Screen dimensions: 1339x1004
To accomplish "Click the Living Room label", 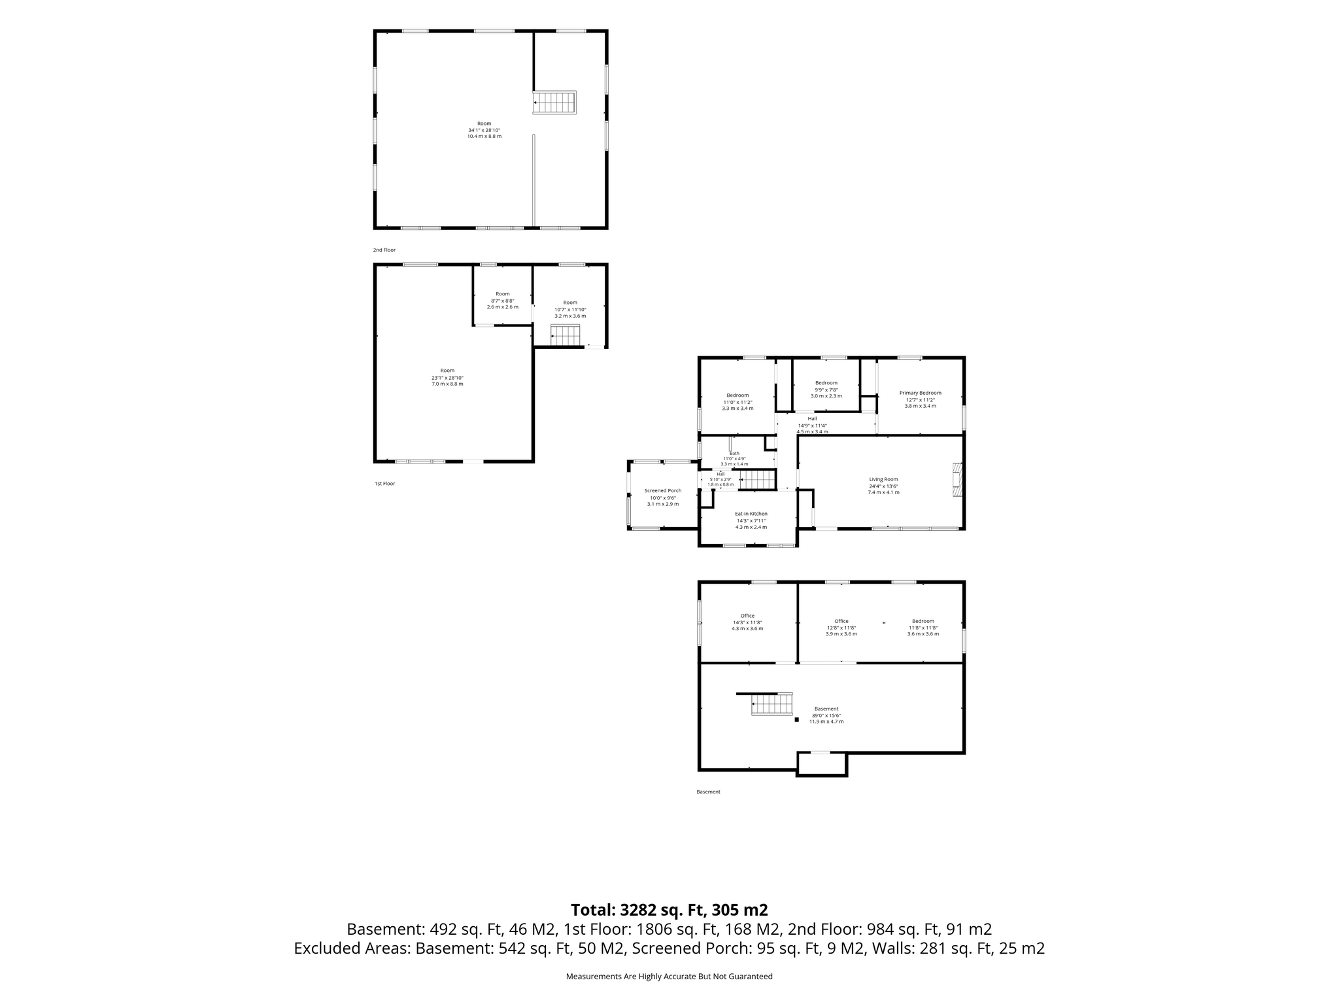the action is tap(883, 479).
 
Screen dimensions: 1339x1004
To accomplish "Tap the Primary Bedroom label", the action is tap(920, 393).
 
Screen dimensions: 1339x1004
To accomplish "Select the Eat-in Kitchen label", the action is tap(751, 514).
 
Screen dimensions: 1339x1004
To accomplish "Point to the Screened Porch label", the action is tap(663, 491).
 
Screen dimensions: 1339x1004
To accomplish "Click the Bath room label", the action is tap(734, 453).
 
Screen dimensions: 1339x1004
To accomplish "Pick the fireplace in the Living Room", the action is tap(958, 480).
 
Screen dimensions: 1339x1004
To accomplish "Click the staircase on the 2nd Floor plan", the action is tap(554, 103).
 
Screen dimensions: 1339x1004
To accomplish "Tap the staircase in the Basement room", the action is tap(771, 704).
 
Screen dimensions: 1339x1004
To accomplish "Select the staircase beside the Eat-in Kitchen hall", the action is tap(757, 480).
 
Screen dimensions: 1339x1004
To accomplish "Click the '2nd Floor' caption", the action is tap(384, 250).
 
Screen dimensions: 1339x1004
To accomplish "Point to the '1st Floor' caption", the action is tap(385, 484).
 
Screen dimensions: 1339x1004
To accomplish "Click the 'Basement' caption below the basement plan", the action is tap(708, 792).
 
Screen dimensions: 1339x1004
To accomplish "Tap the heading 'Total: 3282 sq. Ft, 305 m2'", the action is tap(669, 910).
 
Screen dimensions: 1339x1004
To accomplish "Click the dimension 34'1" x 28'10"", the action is tap(484, 130).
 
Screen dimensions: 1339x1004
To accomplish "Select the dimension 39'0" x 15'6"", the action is tap(826, 715).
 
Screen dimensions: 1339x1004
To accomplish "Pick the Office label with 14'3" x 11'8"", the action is tap(747, 616).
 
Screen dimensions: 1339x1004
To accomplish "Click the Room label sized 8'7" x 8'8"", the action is tap(502, 294).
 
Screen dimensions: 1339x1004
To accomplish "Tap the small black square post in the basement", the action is tap(796, 720).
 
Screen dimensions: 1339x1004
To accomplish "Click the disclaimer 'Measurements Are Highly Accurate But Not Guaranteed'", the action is tap(669, 977).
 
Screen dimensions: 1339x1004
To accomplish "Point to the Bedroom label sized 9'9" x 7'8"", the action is tap(826, 383).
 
